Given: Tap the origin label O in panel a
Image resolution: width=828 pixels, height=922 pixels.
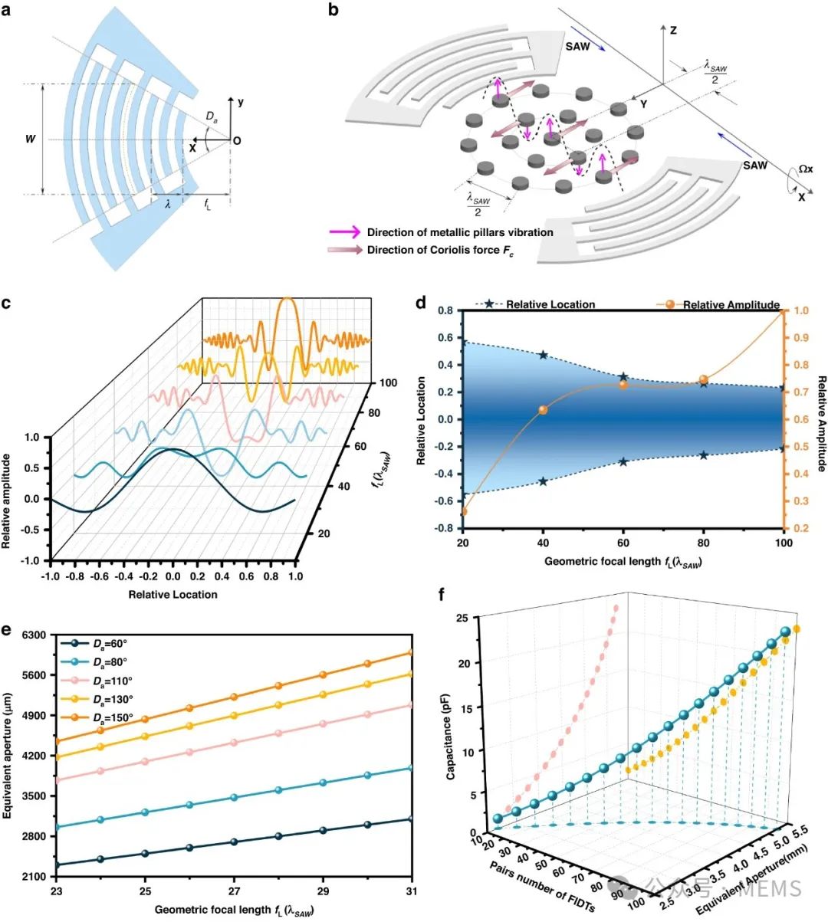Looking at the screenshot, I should point(237,141).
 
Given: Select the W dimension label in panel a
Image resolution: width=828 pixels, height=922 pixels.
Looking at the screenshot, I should point(30,140).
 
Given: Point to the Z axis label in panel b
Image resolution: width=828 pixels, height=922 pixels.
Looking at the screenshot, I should point(672,31).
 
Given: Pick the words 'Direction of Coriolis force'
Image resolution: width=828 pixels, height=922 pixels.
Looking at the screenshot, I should point(437,250).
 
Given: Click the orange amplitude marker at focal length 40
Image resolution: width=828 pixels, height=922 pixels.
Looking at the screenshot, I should point(544,410).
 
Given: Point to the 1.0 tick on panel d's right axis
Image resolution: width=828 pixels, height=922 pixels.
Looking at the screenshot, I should point(800,310).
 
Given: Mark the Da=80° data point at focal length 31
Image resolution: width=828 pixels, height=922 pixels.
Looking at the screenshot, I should point(412,768).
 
